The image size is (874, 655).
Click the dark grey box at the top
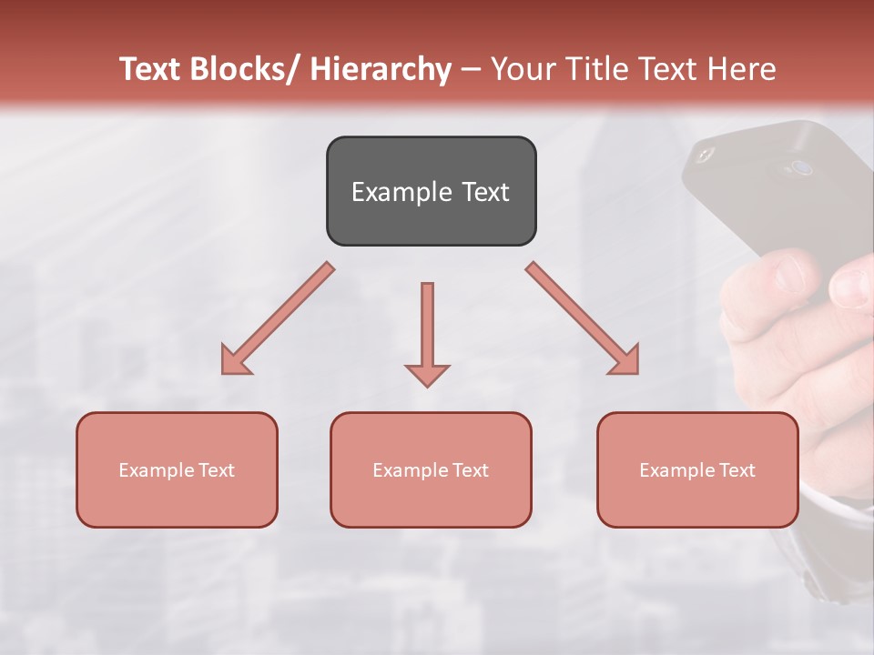431,191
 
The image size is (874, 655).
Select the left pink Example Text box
177,469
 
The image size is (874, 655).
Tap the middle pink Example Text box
431,469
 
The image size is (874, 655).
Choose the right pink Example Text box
697,469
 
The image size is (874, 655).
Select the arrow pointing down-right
584,319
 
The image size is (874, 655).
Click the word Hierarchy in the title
381,69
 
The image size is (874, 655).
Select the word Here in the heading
742,69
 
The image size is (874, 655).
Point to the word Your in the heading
521,69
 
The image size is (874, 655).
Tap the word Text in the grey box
484,192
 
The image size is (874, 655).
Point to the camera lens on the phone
801,167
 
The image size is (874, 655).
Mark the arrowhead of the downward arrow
427,374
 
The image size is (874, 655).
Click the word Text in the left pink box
216,470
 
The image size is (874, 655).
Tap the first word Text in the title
151,69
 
